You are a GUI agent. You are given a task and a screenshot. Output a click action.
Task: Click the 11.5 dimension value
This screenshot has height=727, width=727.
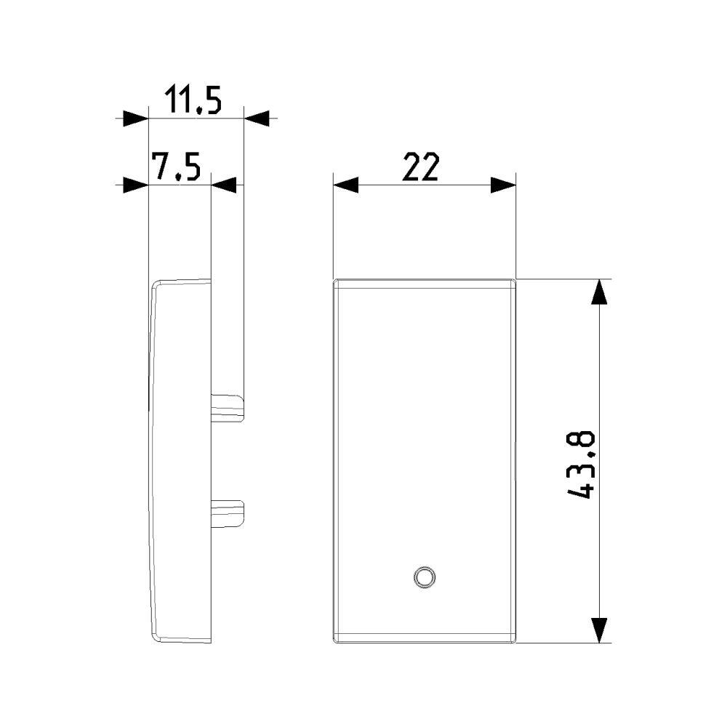[193, 99]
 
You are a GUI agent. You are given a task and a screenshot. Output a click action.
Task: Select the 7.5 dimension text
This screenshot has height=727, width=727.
[177, 166]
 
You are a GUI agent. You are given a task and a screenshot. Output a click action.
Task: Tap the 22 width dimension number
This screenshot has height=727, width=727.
[420, 167]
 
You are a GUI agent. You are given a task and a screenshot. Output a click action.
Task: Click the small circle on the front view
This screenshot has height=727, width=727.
[424, 577]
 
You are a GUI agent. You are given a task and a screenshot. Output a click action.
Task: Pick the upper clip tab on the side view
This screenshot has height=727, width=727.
[228, 408]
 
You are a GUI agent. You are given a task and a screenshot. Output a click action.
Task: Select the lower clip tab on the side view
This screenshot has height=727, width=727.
[228, 513]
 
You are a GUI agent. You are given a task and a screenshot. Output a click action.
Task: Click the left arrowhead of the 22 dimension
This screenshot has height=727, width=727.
[345, 185]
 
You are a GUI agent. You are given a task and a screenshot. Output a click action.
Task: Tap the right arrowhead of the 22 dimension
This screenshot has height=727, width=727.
[504, 185]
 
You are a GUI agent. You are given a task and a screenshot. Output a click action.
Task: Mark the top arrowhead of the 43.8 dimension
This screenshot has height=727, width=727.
[600, 292]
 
